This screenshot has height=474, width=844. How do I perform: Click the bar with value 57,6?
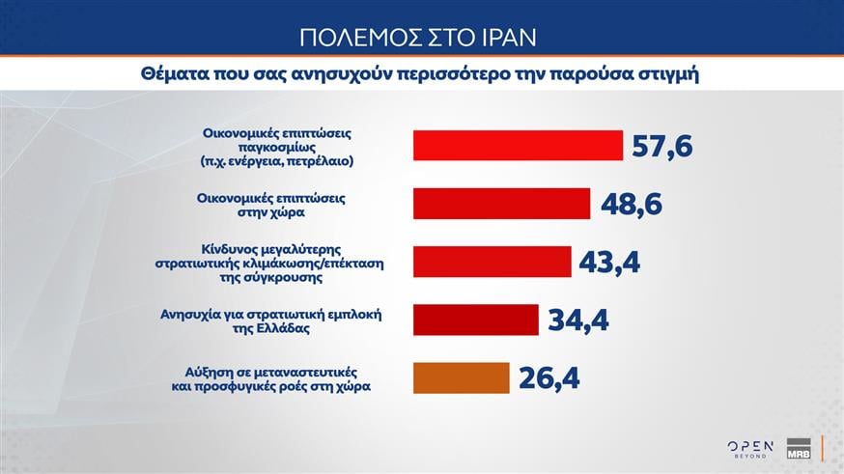(517, 145)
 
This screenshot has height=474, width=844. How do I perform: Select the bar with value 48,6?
(501, 204)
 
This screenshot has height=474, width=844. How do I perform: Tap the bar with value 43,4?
(492, 262)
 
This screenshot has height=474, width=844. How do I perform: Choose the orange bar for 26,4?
(461, 377)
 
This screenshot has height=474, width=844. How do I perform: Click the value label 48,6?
(631, 204)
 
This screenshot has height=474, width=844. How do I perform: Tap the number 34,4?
(577, 320)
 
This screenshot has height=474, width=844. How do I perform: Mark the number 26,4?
(548, 377)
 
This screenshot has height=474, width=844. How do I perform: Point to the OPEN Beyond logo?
(750, 447)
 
